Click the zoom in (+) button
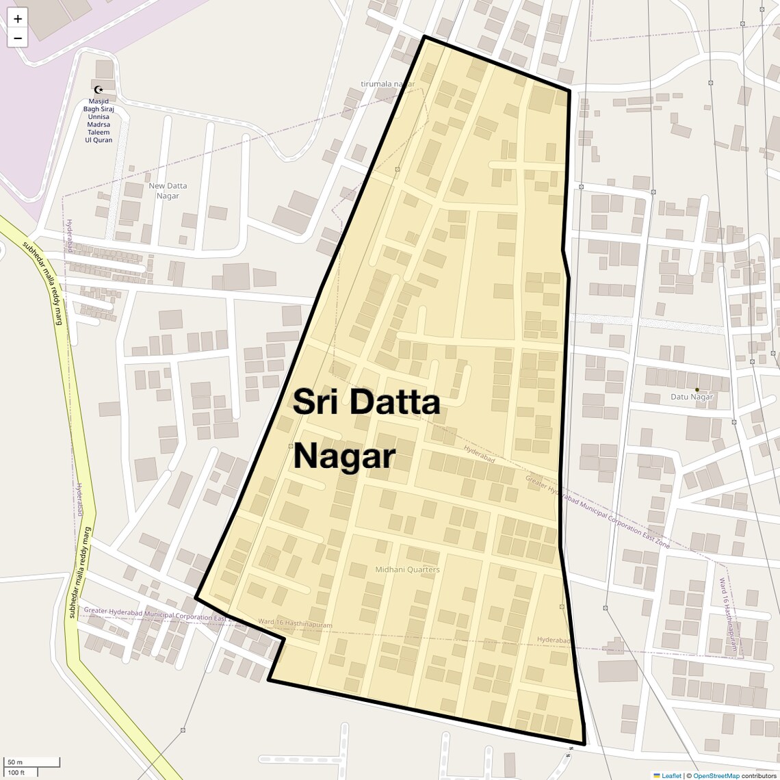18,18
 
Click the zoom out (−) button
18,38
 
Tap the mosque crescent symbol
99,90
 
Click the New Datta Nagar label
168,191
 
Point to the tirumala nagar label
388,84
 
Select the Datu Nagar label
691,397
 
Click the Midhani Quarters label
407,569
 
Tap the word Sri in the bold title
317,402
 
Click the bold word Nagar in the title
344,456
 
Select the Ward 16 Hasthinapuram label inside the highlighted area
295,624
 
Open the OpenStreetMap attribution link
716,775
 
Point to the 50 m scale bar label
15,762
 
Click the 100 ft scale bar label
16,772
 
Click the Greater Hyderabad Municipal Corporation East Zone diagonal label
597,512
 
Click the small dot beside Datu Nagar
697,390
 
